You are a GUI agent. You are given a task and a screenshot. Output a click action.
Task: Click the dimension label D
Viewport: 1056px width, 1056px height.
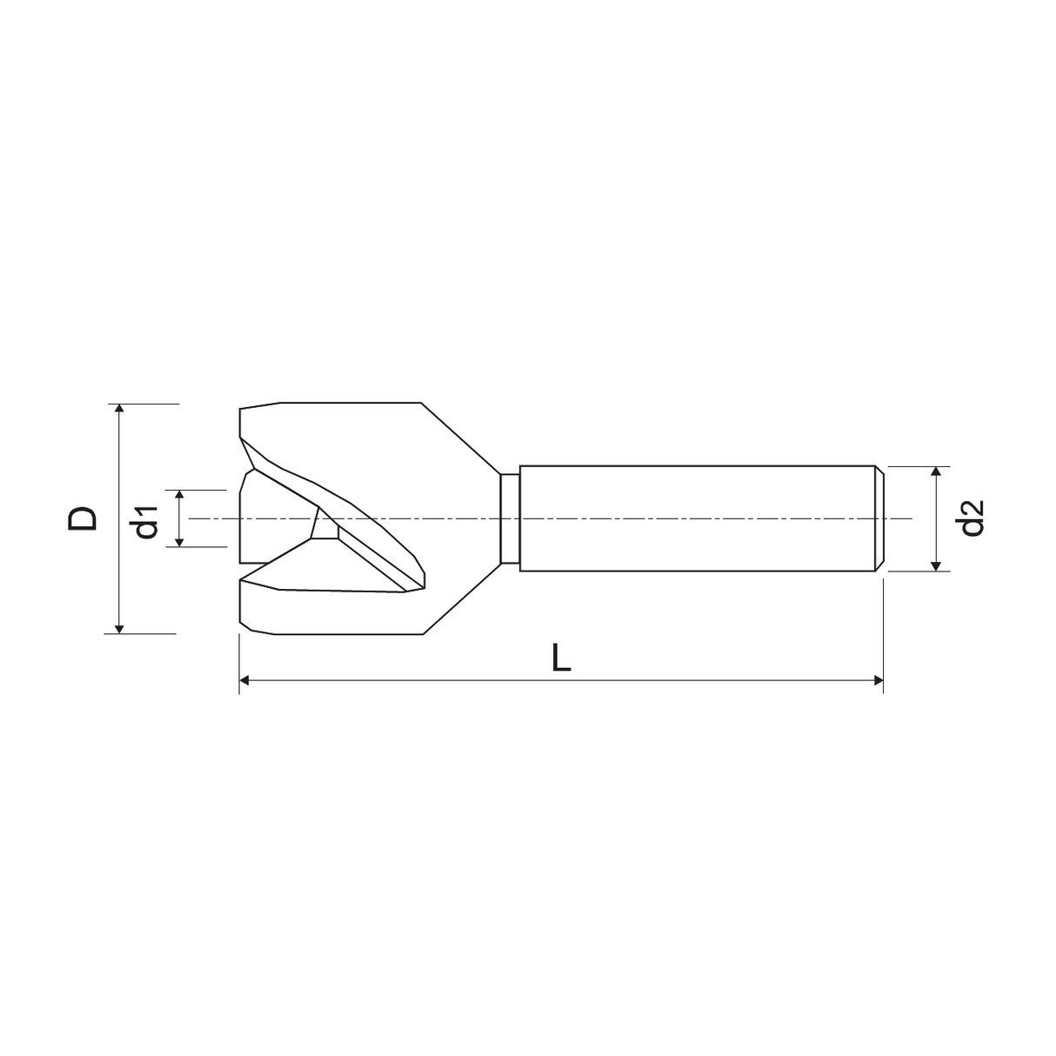(84, 518)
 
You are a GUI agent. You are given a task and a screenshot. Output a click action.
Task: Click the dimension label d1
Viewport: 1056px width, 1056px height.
(145, 519)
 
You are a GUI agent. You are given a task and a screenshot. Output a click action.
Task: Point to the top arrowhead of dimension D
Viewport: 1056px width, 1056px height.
(120, 410)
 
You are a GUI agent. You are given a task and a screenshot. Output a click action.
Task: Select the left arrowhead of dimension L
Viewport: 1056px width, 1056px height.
(245, 679)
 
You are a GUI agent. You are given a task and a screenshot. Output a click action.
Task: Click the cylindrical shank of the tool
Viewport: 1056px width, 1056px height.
(696, 519)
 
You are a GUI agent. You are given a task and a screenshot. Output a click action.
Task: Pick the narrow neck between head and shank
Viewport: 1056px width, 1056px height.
(511, 519)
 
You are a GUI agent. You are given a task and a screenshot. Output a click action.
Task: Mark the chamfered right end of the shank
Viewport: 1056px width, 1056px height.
(879, 519)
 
